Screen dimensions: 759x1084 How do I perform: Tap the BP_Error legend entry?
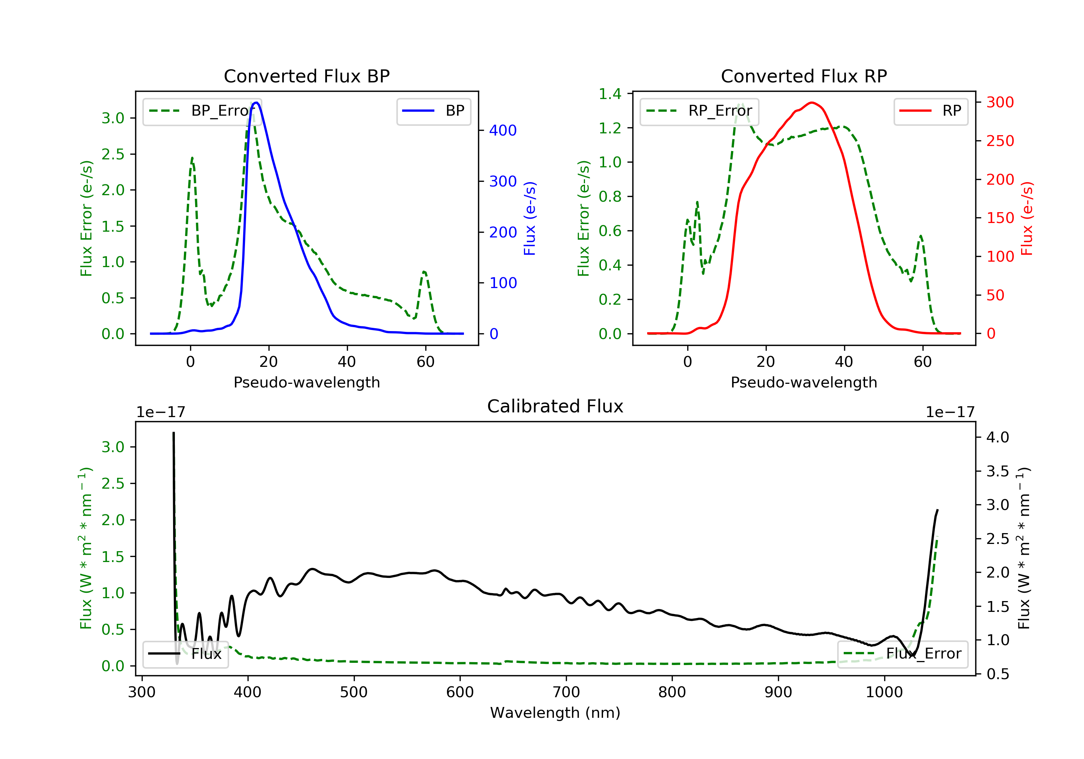click(x=202, y=111)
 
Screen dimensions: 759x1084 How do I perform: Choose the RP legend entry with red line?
click(x=930, y=111)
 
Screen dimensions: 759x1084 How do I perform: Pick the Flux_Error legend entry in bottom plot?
click(x=902, y=654)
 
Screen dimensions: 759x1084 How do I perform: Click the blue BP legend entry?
click(x=433, y=111)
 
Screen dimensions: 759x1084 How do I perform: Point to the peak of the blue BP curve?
click(x=256, y=103)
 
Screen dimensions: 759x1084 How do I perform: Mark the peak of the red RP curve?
click(x=812, y=103)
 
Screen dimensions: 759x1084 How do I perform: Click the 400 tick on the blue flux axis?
click(x=503, y=130)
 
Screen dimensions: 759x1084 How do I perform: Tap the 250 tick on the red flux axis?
click(x=1000, y=141)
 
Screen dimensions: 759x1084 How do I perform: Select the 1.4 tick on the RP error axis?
click(x=610, y=94)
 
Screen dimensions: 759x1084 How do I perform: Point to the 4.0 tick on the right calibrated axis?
click(x=998, y=437)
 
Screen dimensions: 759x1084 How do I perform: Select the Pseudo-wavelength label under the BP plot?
click(x=306, y=382)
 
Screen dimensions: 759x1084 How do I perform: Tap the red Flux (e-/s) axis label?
click(x=1027, y=219)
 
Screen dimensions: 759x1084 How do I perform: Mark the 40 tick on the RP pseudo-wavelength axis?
click(x=844, y=362)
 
